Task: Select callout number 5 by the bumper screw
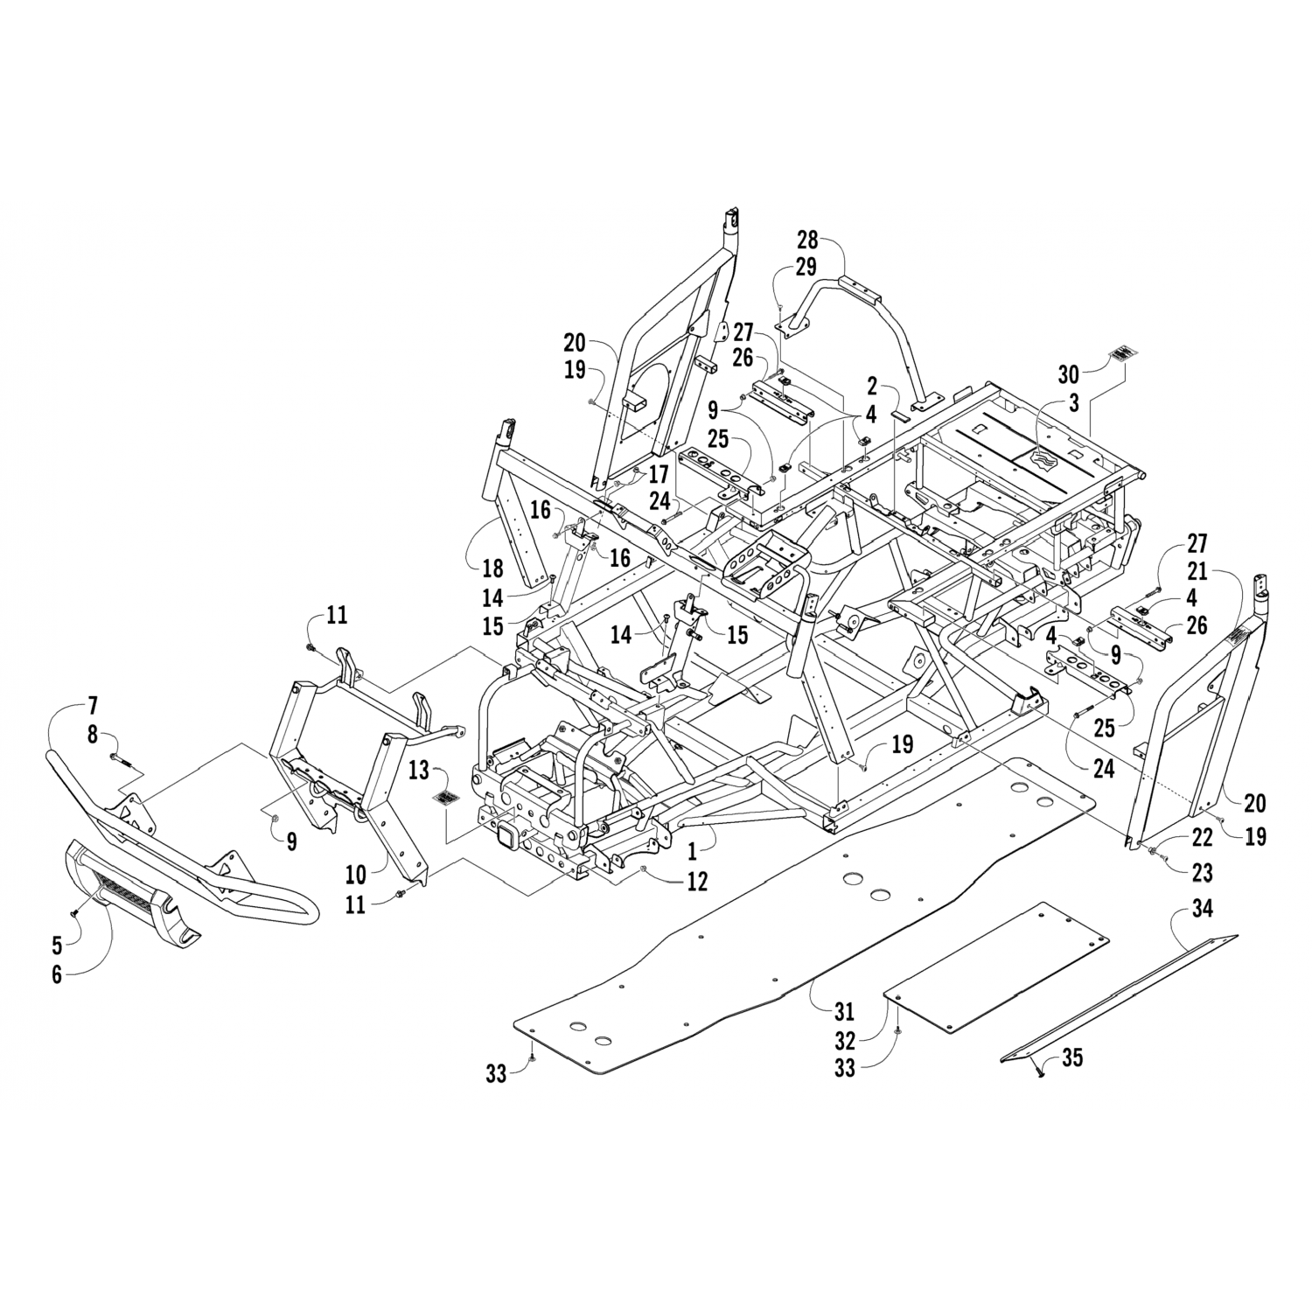click(58, 945)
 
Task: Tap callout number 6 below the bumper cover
click(58, 974)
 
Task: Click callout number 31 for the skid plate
click(842, 1012)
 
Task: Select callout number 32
click(844, 1042)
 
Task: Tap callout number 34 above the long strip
click(1203, 911)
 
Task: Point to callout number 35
click(1072, 1058)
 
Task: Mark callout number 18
click(492, 568)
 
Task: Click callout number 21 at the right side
click(1197, 572)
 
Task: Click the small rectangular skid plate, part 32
click(997, 978)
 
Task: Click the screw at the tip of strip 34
click(1038, 1074)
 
